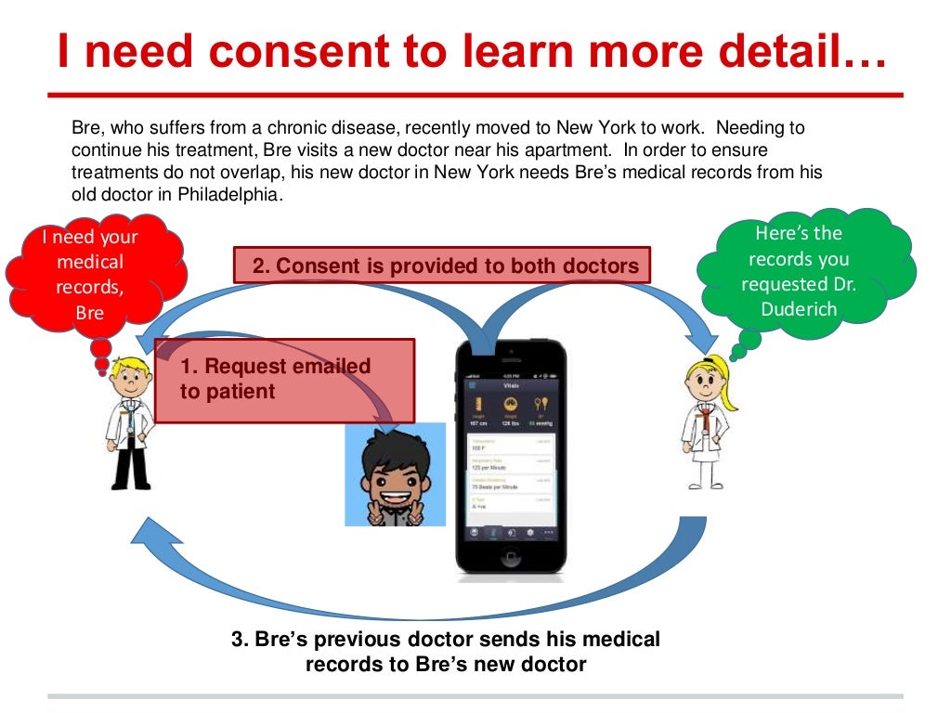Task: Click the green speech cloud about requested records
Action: point(799,271)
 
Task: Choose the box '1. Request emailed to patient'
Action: point(283,380)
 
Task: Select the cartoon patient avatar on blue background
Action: point(395,474)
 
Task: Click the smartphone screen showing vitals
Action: point(510,455)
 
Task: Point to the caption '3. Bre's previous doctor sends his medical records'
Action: point(446,651)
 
